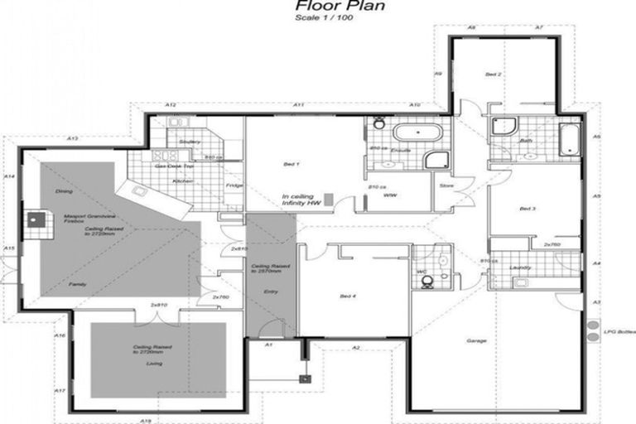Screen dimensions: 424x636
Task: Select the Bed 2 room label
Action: click(494, 75)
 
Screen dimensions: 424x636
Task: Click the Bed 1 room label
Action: click(291, 165)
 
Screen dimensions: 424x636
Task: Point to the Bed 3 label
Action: click(528, 209)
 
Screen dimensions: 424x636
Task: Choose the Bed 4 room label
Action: click(348, 296)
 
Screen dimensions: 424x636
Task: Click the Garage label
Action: click(476, 341)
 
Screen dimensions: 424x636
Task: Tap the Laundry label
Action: click(521, 267)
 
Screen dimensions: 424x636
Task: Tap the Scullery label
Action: click(190, 142)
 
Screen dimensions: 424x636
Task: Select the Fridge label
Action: click(235, 186)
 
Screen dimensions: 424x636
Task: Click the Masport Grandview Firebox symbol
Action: click(34, 221)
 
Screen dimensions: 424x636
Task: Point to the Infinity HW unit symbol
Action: click(329, 200)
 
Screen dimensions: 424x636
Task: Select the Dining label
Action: click(64, 190)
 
